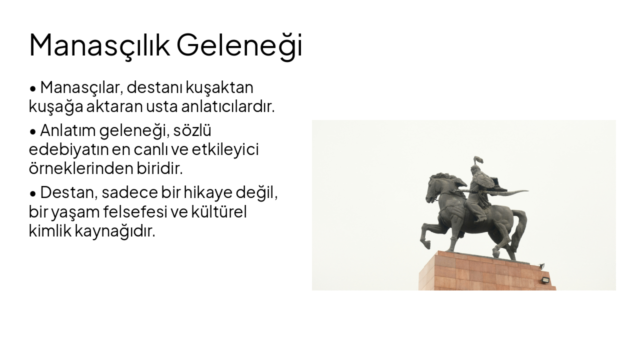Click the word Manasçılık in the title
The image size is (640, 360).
[x=99, y=45]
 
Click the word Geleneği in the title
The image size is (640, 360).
[x=239, y=45]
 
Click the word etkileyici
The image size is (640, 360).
[x=225, y=149]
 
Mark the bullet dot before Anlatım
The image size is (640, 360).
[x=33, y=132]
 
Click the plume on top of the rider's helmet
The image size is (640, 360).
[x=478, y=160]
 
